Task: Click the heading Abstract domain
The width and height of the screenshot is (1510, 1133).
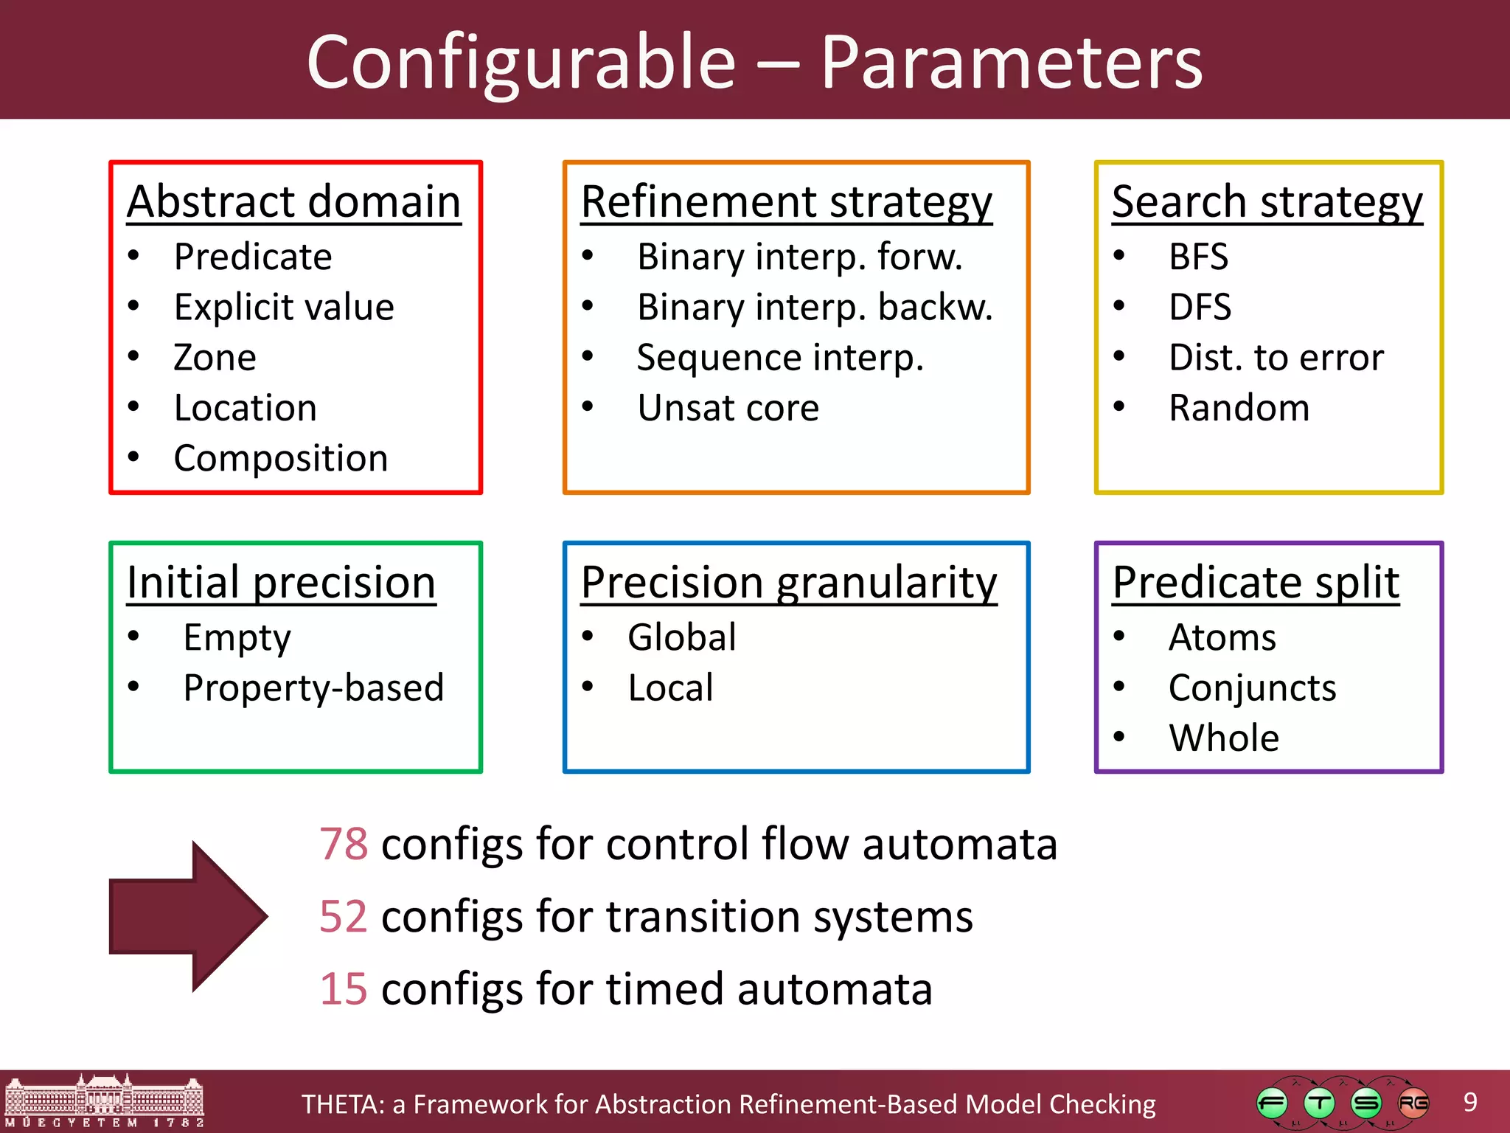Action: point(293,201)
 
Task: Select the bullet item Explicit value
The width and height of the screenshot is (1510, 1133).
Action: point(284,307)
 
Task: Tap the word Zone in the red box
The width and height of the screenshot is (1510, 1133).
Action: point(215,357)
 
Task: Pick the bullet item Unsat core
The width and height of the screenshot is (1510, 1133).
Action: point(728,408)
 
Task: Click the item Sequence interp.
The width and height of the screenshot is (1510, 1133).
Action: point(779,358)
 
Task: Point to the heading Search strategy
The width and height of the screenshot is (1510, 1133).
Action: point(1267,201)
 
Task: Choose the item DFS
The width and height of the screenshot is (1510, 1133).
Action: point(1200,307)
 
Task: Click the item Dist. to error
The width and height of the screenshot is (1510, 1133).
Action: point(1276,358)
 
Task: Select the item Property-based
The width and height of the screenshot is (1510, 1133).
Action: point(313,687)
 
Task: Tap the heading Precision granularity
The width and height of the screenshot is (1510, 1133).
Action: point(788,582)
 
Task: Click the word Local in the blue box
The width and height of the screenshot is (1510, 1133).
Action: point(670,687)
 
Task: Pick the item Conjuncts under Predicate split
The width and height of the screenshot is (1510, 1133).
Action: point(1252,687)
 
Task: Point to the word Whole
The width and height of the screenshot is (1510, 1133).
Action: point(1224,738)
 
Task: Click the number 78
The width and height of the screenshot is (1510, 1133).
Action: point(344,844)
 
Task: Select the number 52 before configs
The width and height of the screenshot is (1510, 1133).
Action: point(344,917)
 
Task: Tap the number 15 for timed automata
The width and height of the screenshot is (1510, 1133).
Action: point(344,989)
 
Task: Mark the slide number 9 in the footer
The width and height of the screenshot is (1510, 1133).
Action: point(1470,1102)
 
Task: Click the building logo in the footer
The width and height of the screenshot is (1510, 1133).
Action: point(104,1101)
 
